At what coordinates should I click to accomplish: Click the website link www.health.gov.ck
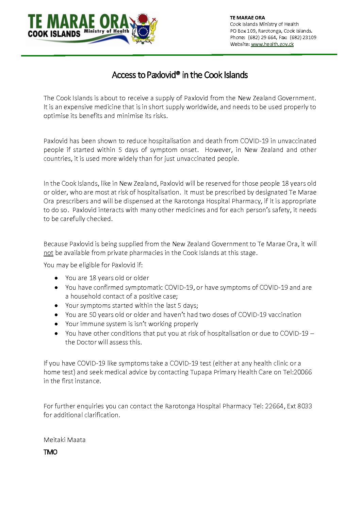(272, 44)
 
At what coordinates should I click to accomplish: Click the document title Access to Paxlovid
(180, 75)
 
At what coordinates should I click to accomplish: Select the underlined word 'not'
(48, 253)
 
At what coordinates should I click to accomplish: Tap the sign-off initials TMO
(50, 452)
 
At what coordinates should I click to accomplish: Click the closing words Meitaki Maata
(65, 440)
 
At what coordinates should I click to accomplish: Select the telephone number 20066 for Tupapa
(302, 372)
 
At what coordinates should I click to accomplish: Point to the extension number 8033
(305, 406)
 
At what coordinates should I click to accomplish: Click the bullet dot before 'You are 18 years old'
(56, 278)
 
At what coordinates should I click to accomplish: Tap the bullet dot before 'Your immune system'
(56, 324)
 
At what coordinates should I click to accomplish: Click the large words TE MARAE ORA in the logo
(78, 22)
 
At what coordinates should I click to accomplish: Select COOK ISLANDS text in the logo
(54, 34)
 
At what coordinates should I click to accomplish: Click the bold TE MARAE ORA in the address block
(247, 18)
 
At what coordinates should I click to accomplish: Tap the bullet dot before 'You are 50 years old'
(56, 315)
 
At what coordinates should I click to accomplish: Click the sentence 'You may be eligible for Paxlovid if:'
(93, 265)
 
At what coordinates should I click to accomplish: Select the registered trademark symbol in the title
(178, 73)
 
